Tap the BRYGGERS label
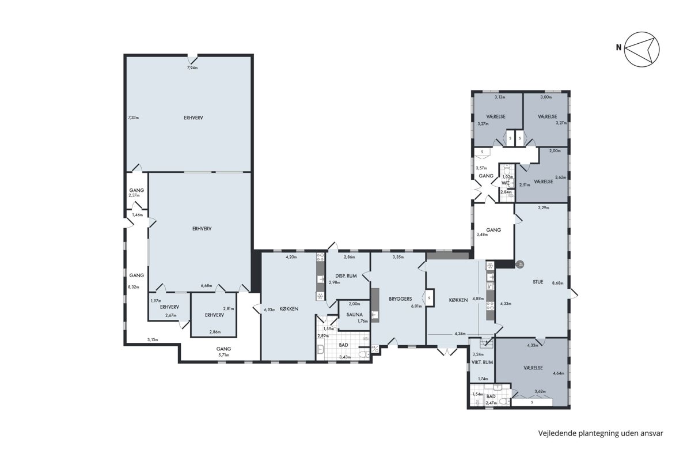tap(400, 299)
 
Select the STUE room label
tap(538, 282)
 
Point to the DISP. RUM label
tap(346, 275)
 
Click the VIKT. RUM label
tap(482, 362)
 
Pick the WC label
tap(506, 183)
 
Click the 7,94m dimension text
tap(192, 68)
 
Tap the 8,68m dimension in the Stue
tap(557, 283)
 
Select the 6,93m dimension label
tap(269, 309)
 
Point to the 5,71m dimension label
tap(223, 355)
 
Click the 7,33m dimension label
tap(133, 118)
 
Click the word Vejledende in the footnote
tap(553, 433)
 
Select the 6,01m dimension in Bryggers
tap(416, 307)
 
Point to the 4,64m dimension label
tap(559, 373)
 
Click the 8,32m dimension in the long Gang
tap(134, 287)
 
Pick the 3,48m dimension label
tap(482, 235)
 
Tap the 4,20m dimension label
tap(291, 257)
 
